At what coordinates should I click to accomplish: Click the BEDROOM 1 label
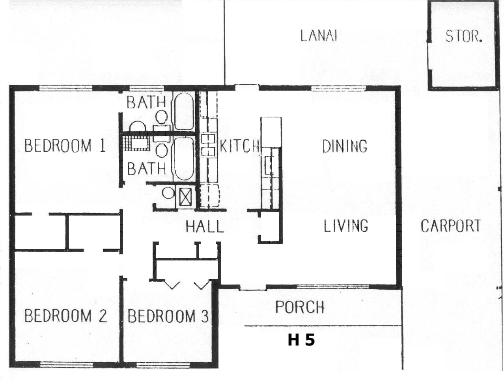click(65, 145)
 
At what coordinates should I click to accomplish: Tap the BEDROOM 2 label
click(66, 316)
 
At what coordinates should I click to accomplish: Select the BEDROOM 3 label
click(168, 316)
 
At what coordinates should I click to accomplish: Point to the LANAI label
click(319, 36)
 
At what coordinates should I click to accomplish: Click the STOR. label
click(464, 37)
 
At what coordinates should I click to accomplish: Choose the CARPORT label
click(450, 226)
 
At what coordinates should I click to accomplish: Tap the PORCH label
click(300, 307)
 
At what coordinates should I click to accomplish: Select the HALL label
click(205, 227)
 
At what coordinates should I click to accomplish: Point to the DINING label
click(345, 146)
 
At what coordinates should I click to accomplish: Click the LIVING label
click(346, 226)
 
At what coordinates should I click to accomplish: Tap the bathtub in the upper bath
click(184, 111)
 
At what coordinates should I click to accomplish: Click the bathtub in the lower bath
click(183, 159)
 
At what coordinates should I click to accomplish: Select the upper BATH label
click(146, 102)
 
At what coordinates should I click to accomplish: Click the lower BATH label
click(146, 169)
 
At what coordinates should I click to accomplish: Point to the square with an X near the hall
click(185, 197)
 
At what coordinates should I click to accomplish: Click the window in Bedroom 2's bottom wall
click(67, 364)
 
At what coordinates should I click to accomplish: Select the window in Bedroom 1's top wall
click(66, 88)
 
